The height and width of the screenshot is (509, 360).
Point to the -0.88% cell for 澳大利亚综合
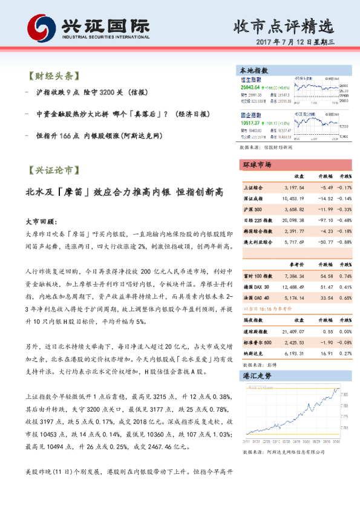click(345, 242)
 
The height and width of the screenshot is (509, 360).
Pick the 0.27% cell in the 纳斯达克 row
click(345, 353)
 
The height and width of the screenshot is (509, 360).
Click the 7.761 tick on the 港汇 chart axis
click(344, 427)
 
